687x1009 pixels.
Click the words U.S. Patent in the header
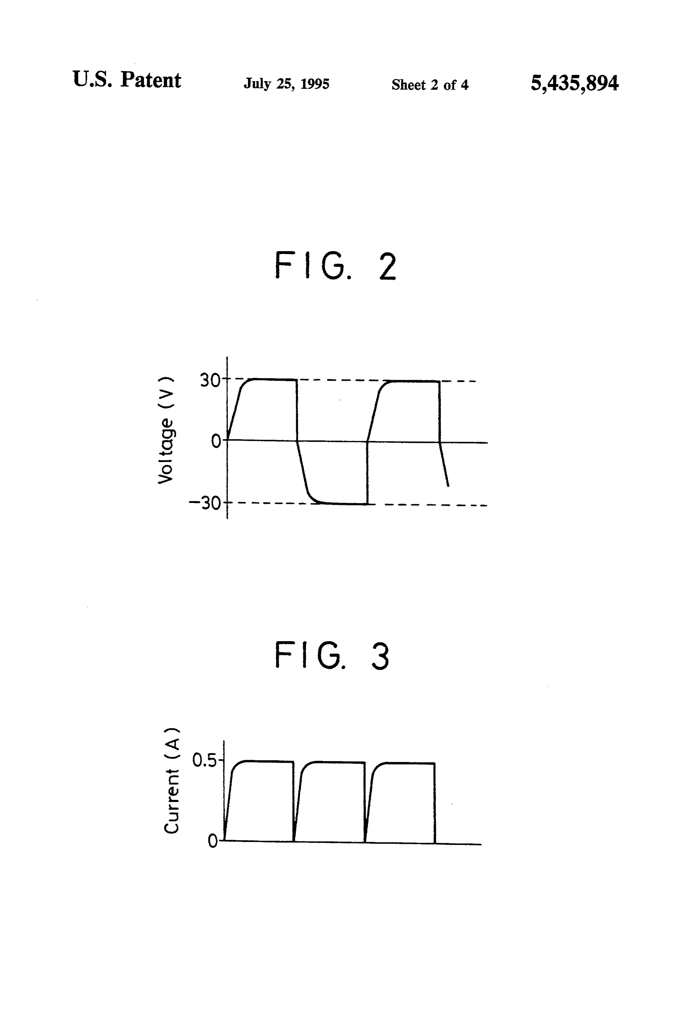pos(127,80)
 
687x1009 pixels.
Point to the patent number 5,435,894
pos(574,83)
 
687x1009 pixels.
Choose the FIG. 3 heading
pos(332,656)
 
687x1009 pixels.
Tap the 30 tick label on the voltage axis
pos(210,380)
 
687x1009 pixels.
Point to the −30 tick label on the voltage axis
pos(205,503)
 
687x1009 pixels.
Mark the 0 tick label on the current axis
pos(213,841)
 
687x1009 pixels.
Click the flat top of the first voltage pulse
pos(274,380)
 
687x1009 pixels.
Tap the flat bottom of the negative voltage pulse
pos(343,503)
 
